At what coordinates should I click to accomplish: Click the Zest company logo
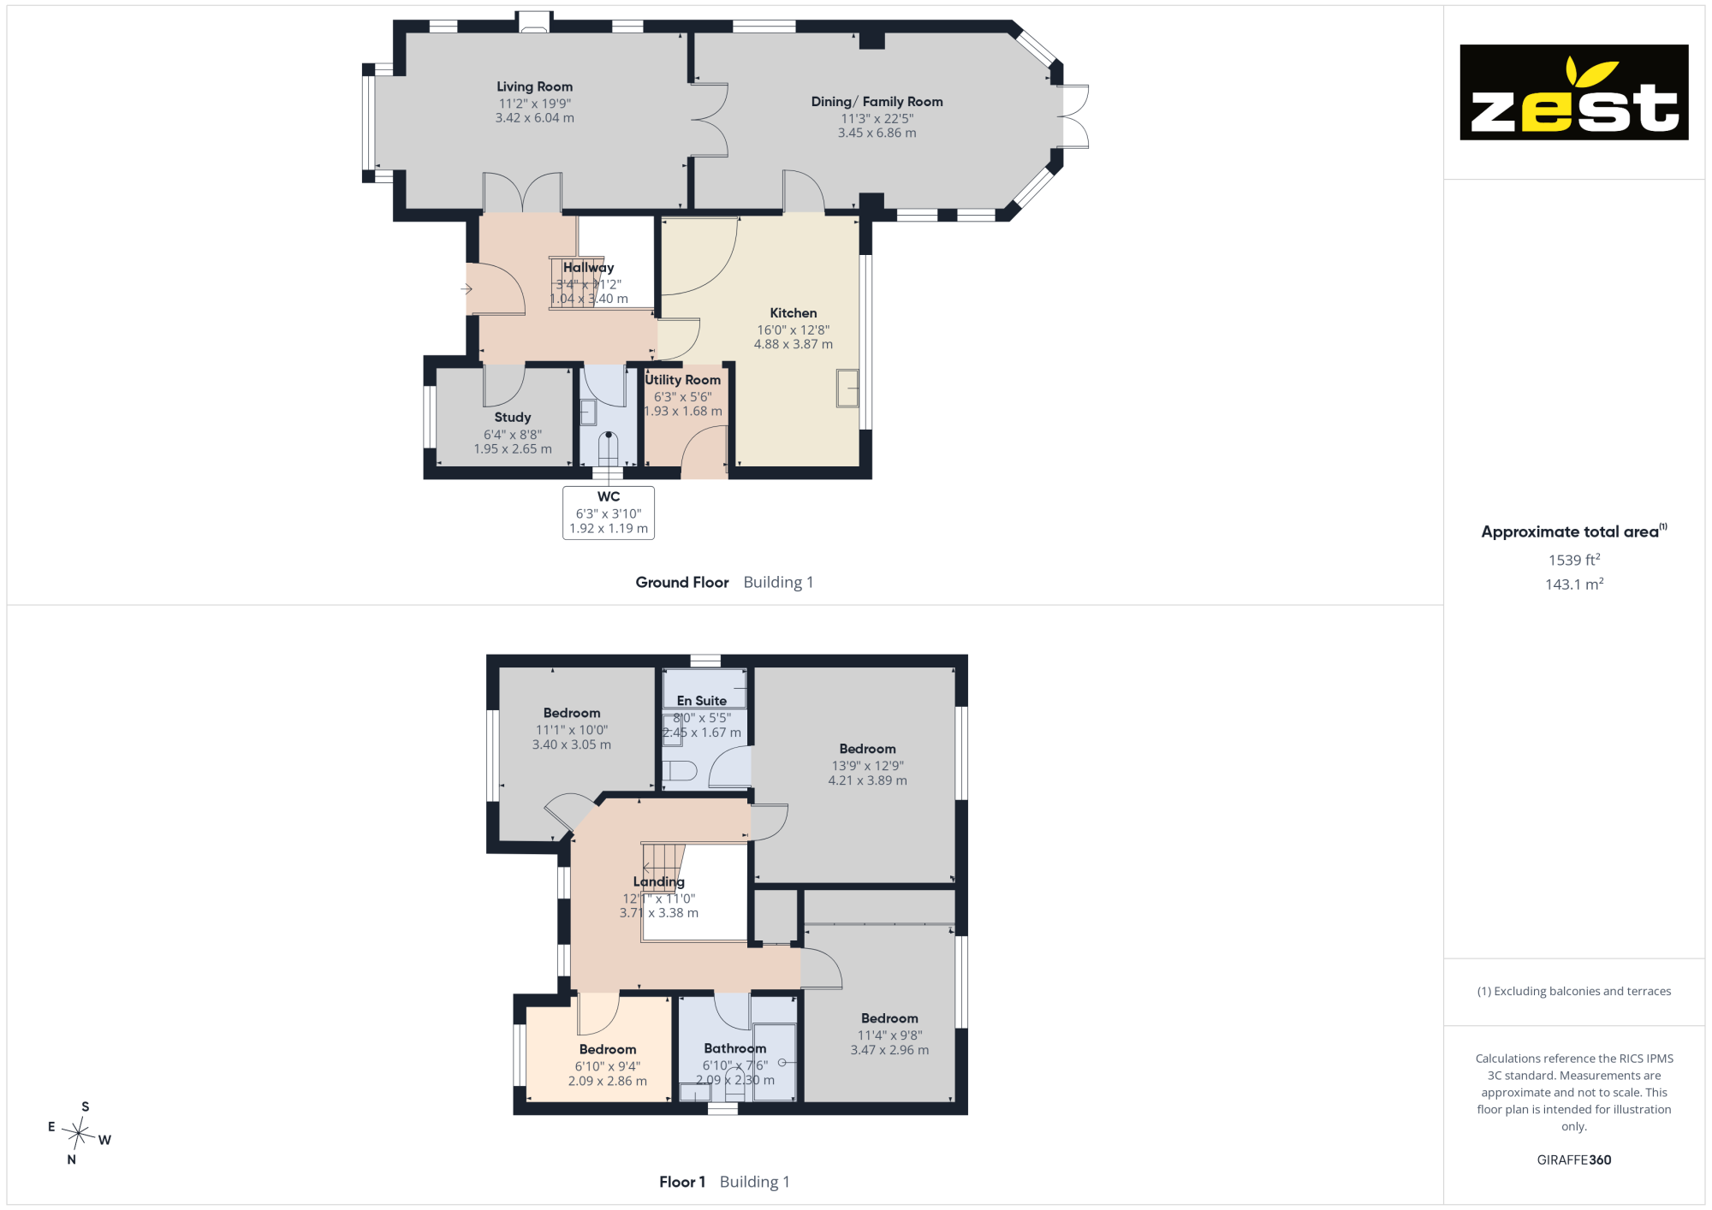[x=1574, y=92]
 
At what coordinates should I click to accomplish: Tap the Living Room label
[x=535, y=86]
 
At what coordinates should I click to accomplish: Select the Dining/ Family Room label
[x=877, y=102]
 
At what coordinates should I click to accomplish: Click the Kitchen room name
[x=794, y=313]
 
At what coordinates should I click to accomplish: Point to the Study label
[x=513, y=418]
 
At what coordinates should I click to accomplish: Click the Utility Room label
[x=683, y=380]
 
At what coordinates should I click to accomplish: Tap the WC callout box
[x=609, y=513]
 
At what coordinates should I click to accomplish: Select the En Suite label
[x=702, y=701]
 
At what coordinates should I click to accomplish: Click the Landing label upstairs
[x=659, y=881]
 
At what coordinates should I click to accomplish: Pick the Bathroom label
[x=735, y=1048]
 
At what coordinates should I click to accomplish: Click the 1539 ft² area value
[x=1574, y=560]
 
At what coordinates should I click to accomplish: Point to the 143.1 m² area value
[x=1574, y=584]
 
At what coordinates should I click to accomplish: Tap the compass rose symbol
[x=79, y=1134]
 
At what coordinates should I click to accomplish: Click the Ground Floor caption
[x=682, y=582]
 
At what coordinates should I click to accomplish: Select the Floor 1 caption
[x=682, y=1182]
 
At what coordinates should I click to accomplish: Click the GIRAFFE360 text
[x=1574, y=1160]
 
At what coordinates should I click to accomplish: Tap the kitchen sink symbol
[x=847, y=389]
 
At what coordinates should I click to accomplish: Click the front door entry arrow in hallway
[x=467, y=289]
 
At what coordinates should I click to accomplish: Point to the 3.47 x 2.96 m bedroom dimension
[x=889, y=1050]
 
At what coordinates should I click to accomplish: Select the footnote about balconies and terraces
[x=1574, y=991]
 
